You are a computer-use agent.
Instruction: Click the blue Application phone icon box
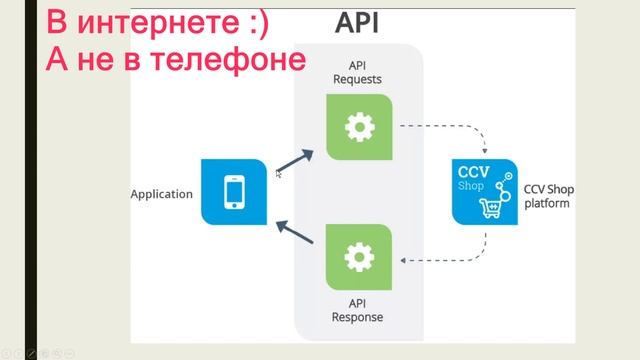pyautogui.click(x=234, y=192)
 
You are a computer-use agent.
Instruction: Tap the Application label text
pyautogui.click(x=161, y=194)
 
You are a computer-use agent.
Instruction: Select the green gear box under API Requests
pyautogui.click(x=359, y=127)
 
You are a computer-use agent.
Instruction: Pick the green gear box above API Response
pyautogui.click(x=359, y=259)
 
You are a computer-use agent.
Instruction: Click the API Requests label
pyautogui.click(x=358, y=70)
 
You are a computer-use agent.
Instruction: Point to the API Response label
pyautogui.click(x=358, y=311)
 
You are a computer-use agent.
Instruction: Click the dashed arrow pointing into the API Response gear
pyautogui.click(x=440, y=261)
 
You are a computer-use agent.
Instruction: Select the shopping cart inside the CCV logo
pyautogui.click(x=492, y=207)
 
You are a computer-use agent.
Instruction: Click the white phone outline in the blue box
pyautogui.click(x=234, y=192)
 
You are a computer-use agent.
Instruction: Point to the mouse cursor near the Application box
pyautogui.click(x=278, y=174)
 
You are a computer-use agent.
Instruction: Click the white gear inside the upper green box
pyautogui.click(x=359, y=127)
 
